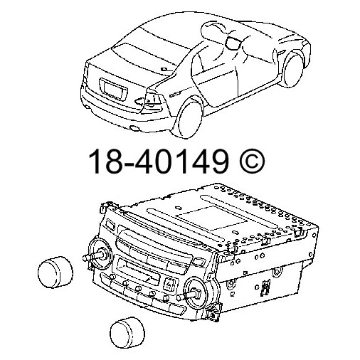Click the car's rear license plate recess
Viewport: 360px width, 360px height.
[x=113, y=91]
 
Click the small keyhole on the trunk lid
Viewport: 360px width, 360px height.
[x=165, y=70]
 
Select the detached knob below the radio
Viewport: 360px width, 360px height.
[x=127, y=331]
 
